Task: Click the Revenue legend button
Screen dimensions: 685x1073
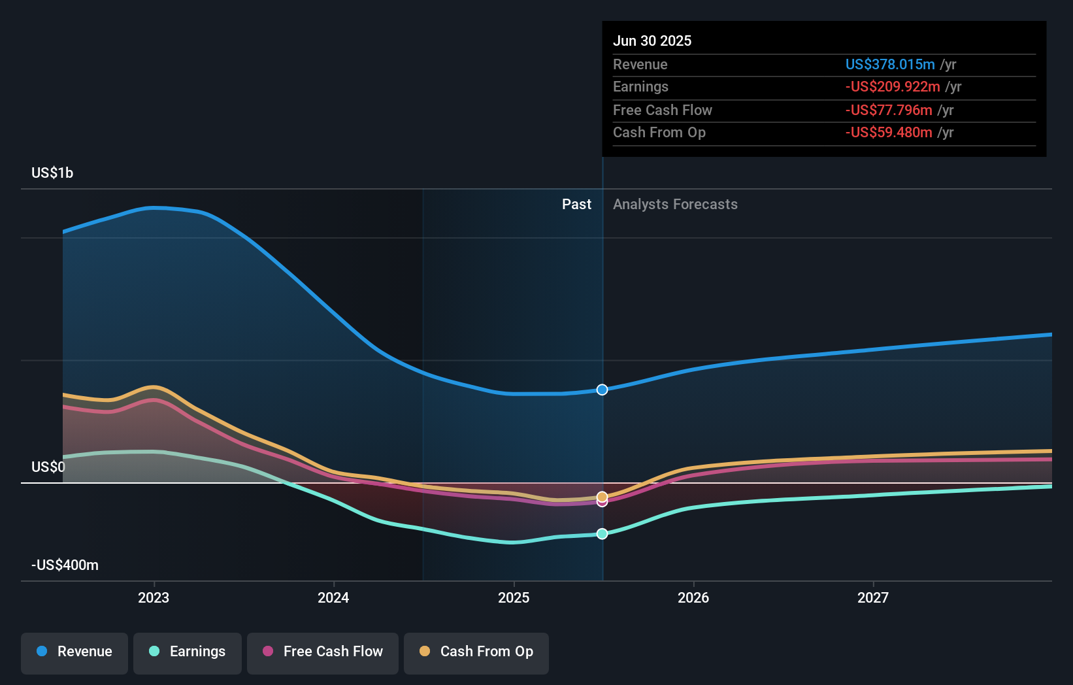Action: (x=74, y=652)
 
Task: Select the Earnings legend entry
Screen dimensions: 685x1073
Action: (x=188, y=652)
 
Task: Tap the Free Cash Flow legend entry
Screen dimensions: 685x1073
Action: (x=323, y=652)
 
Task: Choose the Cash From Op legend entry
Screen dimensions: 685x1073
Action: (x=476, y=652)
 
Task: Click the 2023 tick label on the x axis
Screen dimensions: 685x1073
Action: (x=154, y=597)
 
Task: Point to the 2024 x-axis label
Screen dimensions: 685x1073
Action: (x=333, y=597)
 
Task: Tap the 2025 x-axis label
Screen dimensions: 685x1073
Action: (x=514, y=597)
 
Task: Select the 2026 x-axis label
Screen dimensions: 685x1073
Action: (x=693, y=597)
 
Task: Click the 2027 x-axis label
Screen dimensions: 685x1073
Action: (x=873, y=597)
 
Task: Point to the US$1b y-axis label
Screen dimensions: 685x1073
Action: (x=52, y=173)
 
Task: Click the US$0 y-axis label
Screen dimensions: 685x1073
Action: (x=48, y=467)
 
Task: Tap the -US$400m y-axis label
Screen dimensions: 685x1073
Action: (x=65, y=565)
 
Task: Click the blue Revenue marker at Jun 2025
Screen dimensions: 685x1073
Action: (x=603, y=390)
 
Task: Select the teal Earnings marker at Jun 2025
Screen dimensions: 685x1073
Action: (x=603, y=534)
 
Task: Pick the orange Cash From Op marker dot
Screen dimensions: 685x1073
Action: (x=603, y=496)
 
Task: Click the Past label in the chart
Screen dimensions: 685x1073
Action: (x=576, y=205)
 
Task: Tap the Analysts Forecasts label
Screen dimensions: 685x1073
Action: (x=675, y=205)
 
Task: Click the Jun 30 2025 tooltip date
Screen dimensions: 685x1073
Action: (x=652, y=41)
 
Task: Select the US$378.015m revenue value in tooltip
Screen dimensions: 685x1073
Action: (x=890, y=64)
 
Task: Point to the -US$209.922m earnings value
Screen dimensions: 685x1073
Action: (x=893, y=87)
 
